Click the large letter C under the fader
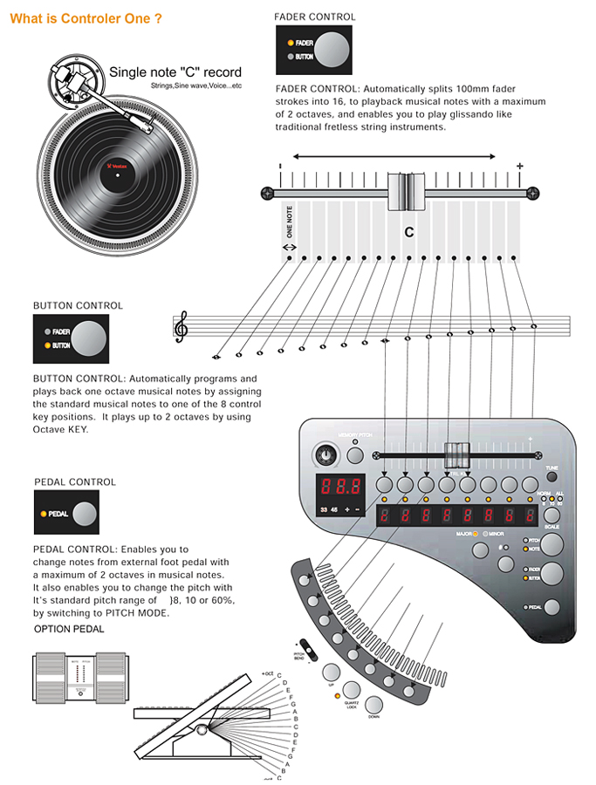pyautogui.click(x=408, y=233)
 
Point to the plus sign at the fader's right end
pyautogui.click(x=520, y=166)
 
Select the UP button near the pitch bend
pyautogui.click(x=332, y=672)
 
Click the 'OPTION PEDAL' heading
pyautogui.click(x=69, y=629)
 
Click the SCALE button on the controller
pyautogui.click(x=551, y=515)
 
